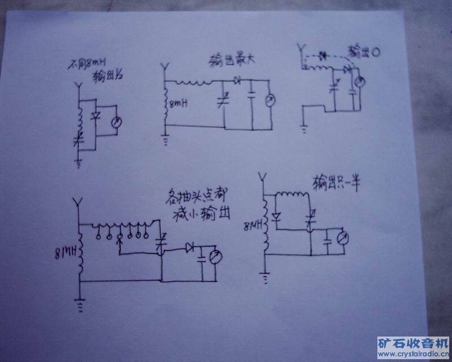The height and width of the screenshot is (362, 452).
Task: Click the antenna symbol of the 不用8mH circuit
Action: pos(78,89)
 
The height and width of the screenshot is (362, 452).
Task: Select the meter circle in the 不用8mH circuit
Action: pos(117,122)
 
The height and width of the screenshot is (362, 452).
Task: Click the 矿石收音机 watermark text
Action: pos(414,343)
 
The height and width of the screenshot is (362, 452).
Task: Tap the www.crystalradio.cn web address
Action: pos(414,355)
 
